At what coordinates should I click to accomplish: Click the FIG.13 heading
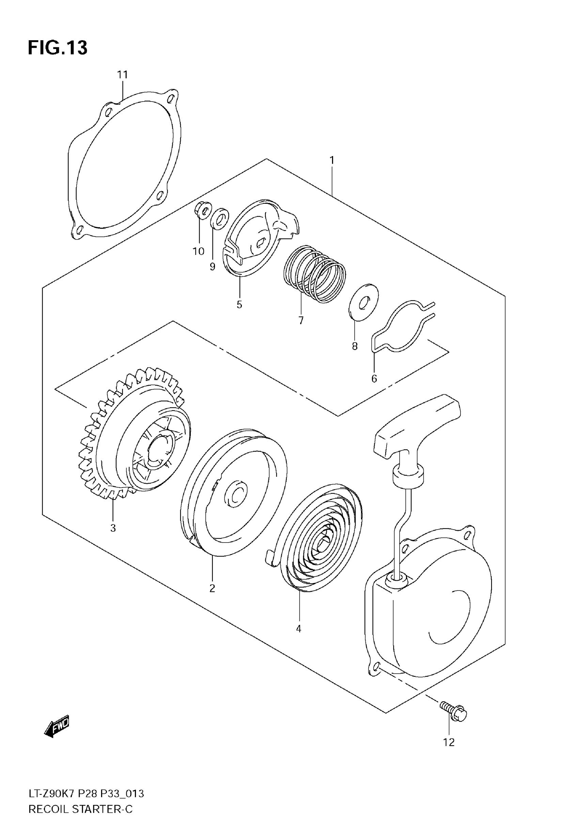58,47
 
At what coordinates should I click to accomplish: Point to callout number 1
332,160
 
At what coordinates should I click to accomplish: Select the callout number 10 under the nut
199,251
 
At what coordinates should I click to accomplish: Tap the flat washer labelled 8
363,302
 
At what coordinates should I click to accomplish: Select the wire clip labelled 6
403,326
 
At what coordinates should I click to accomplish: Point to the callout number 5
239,304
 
